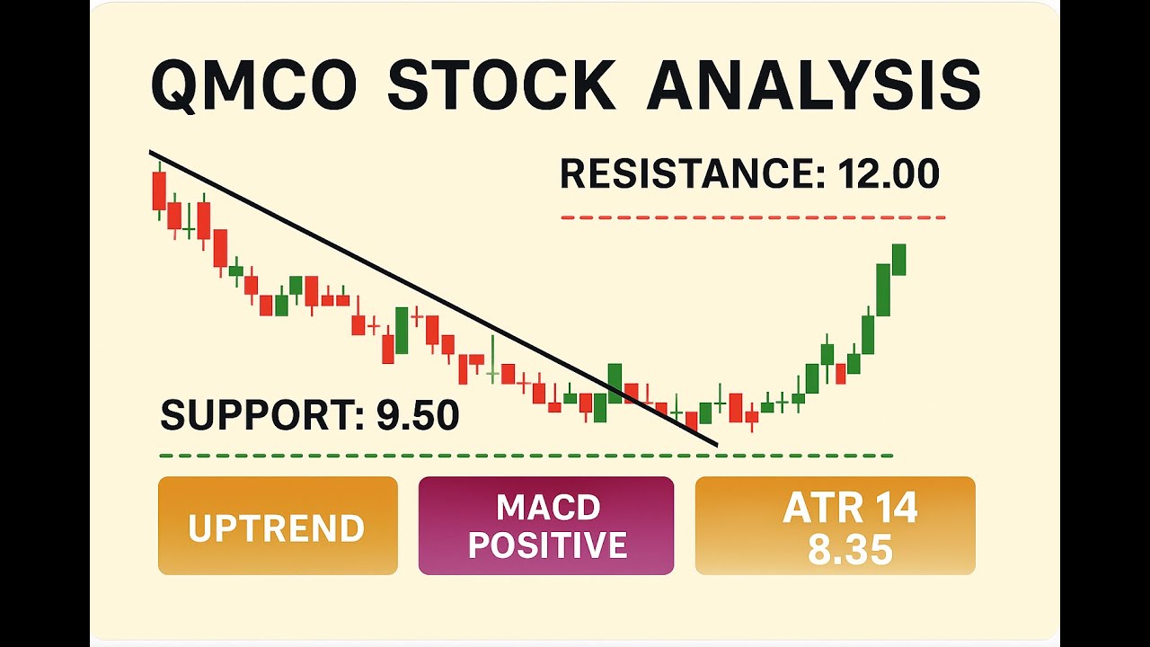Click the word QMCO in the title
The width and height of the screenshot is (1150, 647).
point(254,86)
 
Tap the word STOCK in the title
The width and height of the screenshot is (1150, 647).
point(501,86)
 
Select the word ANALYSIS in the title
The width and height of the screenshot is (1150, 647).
point(813,86)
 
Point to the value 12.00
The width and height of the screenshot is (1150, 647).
point(889,173)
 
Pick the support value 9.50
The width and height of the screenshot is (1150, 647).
point(418,415)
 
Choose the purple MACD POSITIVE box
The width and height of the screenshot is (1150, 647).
point(546,526)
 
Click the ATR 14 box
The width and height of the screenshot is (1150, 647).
point(835,526)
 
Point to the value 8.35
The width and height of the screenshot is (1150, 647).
point(850,549)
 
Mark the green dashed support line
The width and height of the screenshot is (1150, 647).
point(526,456)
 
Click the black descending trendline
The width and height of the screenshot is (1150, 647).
point(431,297)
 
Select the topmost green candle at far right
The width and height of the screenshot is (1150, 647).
point(899,260)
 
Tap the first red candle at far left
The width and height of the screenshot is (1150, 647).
point(159,191)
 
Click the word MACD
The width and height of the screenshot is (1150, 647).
point(548,508)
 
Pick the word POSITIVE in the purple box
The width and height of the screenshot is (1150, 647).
point(548,545)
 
